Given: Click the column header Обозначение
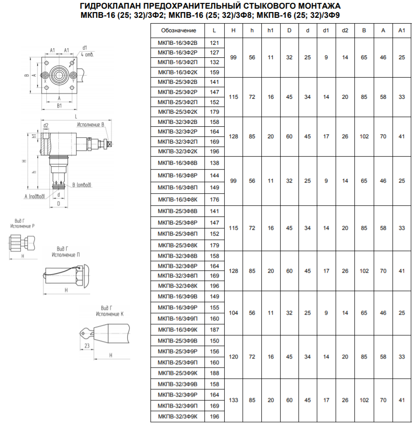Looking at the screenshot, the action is (178, 30).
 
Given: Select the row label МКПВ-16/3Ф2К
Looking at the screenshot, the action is (177, 72).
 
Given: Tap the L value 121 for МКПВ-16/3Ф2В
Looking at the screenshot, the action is (215, 43).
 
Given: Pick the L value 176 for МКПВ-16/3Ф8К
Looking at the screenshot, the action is (215, 199).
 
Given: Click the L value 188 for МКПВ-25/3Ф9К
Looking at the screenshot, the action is (215, 373).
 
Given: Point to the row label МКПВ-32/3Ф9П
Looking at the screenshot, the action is (177, 406).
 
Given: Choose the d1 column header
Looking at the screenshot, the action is (326, 30).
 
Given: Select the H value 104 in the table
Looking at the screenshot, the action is (233, 313).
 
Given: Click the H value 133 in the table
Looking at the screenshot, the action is (233, 400).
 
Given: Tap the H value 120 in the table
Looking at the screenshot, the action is (233, 357).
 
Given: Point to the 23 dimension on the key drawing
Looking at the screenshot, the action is (87, 345).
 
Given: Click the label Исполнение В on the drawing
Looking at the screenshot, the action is (90, 125).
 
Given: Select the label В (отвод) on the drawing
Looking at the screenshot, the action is (82, 185).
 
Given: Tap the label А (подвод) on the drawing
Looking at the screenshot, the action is (34, 196).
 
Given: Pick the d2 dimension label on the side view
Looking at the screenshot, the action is (46, 125).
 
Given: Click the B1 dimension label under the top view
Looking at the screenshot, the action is (59, 106).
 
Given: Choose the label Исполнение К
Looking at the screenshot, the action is (109, 314).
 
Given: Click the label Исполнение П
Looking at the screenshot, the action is (66, 255).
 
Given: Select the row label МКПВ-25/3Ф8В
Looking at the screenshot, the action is (177, 211).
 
